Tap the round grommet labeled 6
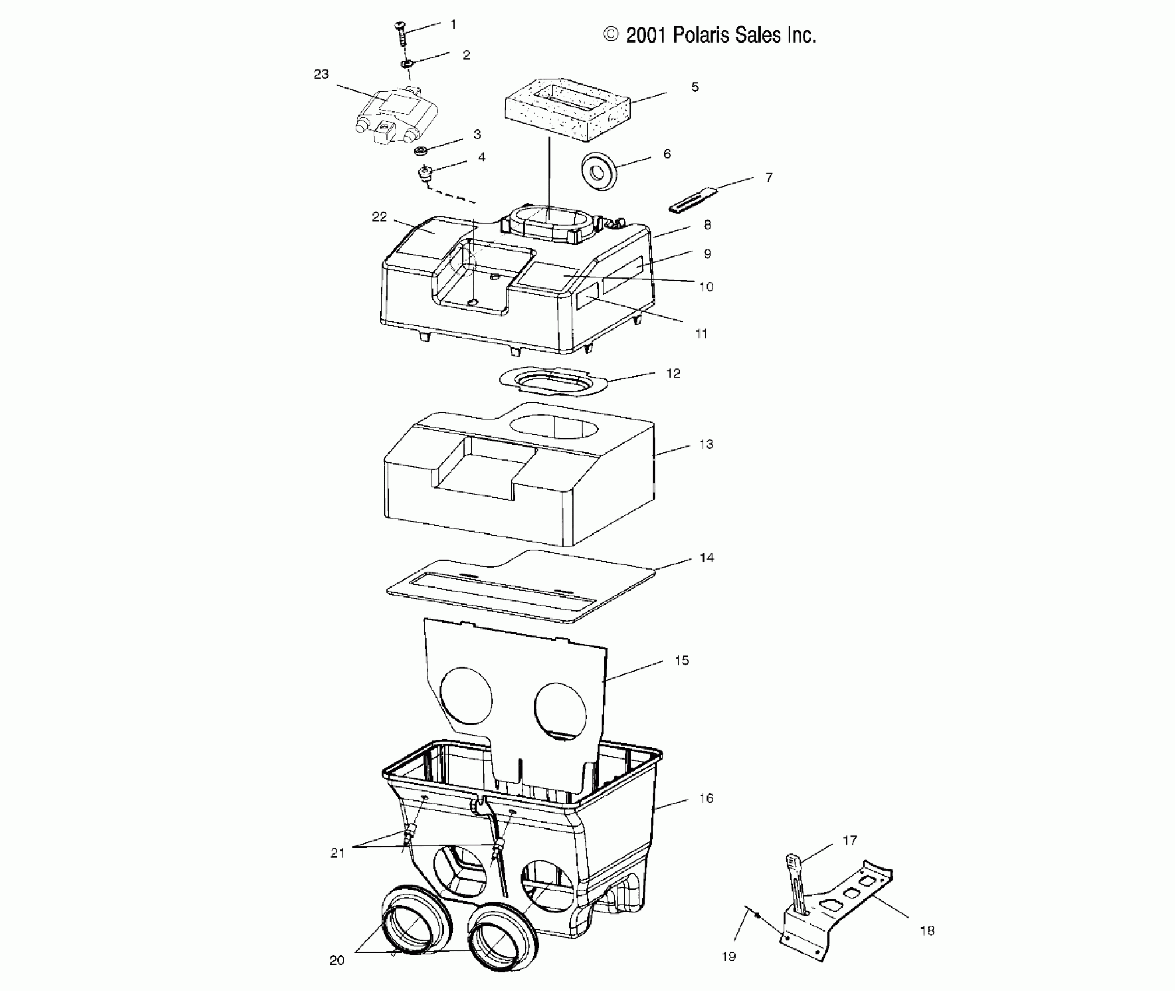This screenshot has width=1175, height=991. tap(597, 171)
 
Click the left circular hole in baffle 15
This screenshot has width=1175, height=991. tap(466, 698)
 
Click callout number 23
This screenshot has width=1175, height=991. tap(321, 74)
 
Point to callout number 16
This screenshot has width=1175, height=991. tap(706, 798)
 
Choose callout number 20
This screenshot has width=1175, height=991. tap(337, 960)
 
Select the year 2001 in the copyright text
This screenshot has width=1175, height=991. tap(645, 36)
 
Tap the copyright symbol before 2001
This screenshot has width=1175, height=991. tap(611, 35)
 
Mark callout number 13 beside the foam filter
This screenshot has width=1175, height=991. tap(706, 444)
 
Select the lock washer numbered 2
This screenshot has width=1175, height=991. tap(407, 63)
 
